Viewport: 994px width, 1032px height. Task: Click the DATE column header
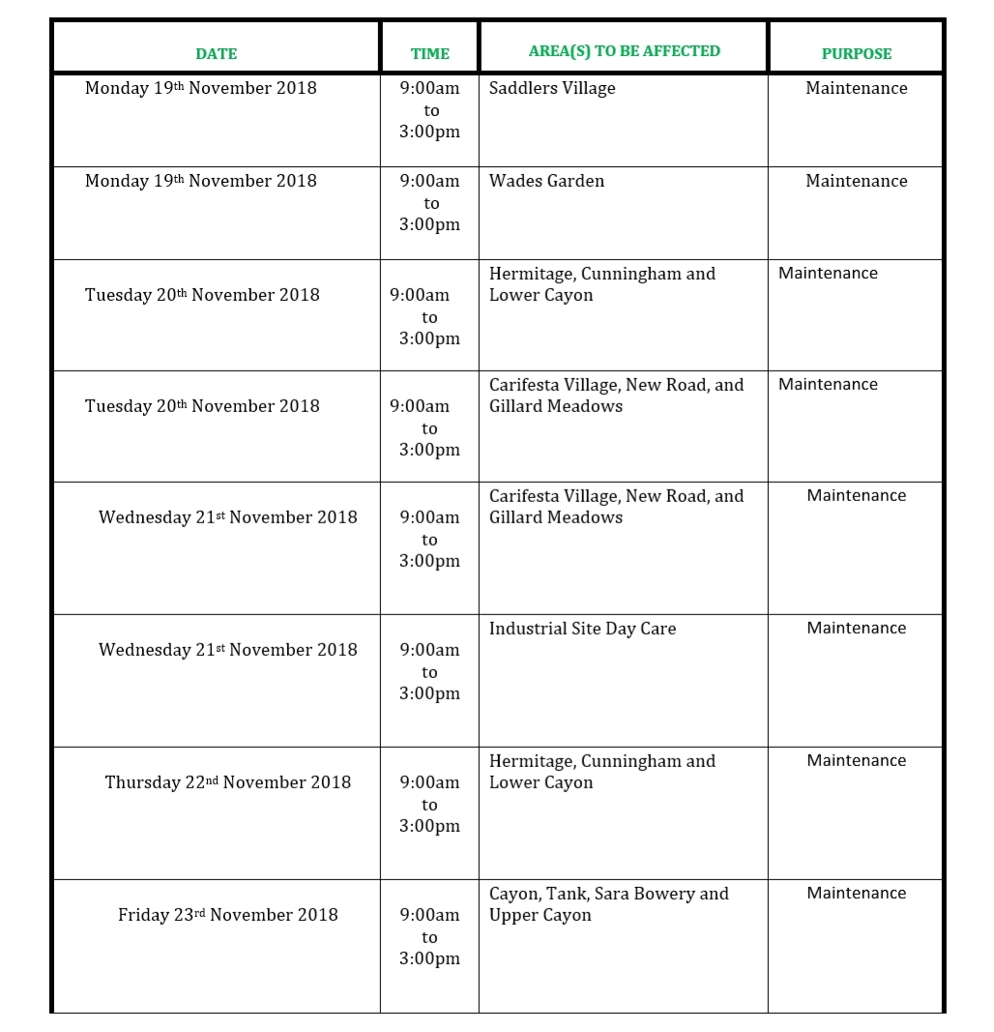pos(216,54)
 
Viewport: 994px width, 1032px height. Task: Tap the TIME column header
pos(429,54)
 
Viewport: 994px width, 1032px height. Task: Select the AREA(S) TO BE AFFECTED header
pos(624,51)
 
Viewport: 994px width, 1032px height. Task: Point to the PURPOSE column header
pos(856,54)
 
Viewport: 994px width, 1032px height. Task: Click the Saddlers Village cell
pos(552,88)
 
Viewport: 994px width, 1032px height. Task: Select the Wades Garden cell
pos(546,181)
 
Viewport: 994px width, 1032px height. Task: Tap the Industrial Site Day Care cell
pos(582,629)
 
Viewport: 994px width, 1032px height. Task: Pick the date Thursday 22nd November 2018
pos(228,782)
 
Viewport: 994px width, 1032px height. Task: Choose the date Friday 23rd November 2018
pos(228,915)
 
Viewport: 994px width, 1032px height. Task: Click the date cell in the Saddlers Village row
pos(201,88)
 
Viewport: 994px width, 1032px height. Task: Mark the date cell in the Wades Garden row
pos(201,181)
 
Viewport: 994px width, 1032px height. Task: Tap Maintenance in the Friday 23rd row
pos(856,894)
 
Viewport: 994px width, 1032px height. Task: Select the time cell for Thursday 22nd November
pos(429,804)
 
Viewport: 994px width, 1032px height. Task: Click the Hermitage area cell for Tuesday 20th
pos(601,284)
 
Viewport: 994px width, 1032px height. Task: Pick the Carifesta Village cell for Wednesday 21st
pos(616,507)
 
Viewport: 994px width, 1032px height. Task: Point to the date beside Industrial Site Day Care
pos(228,650)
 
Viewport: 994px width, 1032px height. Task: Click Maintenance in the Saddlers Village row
pos(856,88)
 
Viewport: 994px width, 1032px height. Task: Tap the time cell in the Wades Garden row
pos(429,202)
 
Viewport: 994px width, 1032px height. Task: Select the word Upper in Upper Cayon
pos(512,915)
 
